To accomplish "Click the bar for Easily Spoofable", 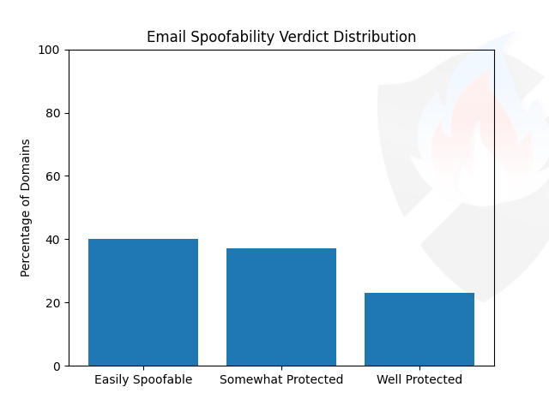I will click(x=143, y=302).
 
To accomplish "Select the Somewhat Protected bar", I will click(x=281, y=307).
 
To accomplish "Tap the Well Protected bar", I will click(x=419, y=330).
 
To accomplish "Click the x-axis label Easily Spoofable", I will click(x=143, y=379).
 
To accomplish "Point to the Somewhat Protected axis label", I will click(x=281, y=379).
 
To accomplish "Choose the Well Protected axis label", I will click(x=419, y=379).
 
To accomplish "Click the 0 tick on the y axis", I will click(x=56, y=366).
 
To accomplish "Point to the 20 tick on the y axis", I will click(x=53, y=303).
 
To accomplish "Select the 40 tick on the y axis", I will click(x=53, y=240).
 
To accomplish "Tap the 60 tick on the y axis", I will click(x=53, y=176).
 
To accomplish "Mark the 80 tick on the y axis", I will click(x=53, y=113).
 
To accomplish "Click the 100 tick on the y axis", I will click(x=50, y=50).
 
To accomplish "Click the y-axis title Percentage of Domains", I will click(x=26, y=207).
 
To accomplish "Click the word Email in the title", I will click(x=164, y=38).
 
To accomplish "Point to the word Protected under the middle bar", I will click(x=312, y=379).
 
